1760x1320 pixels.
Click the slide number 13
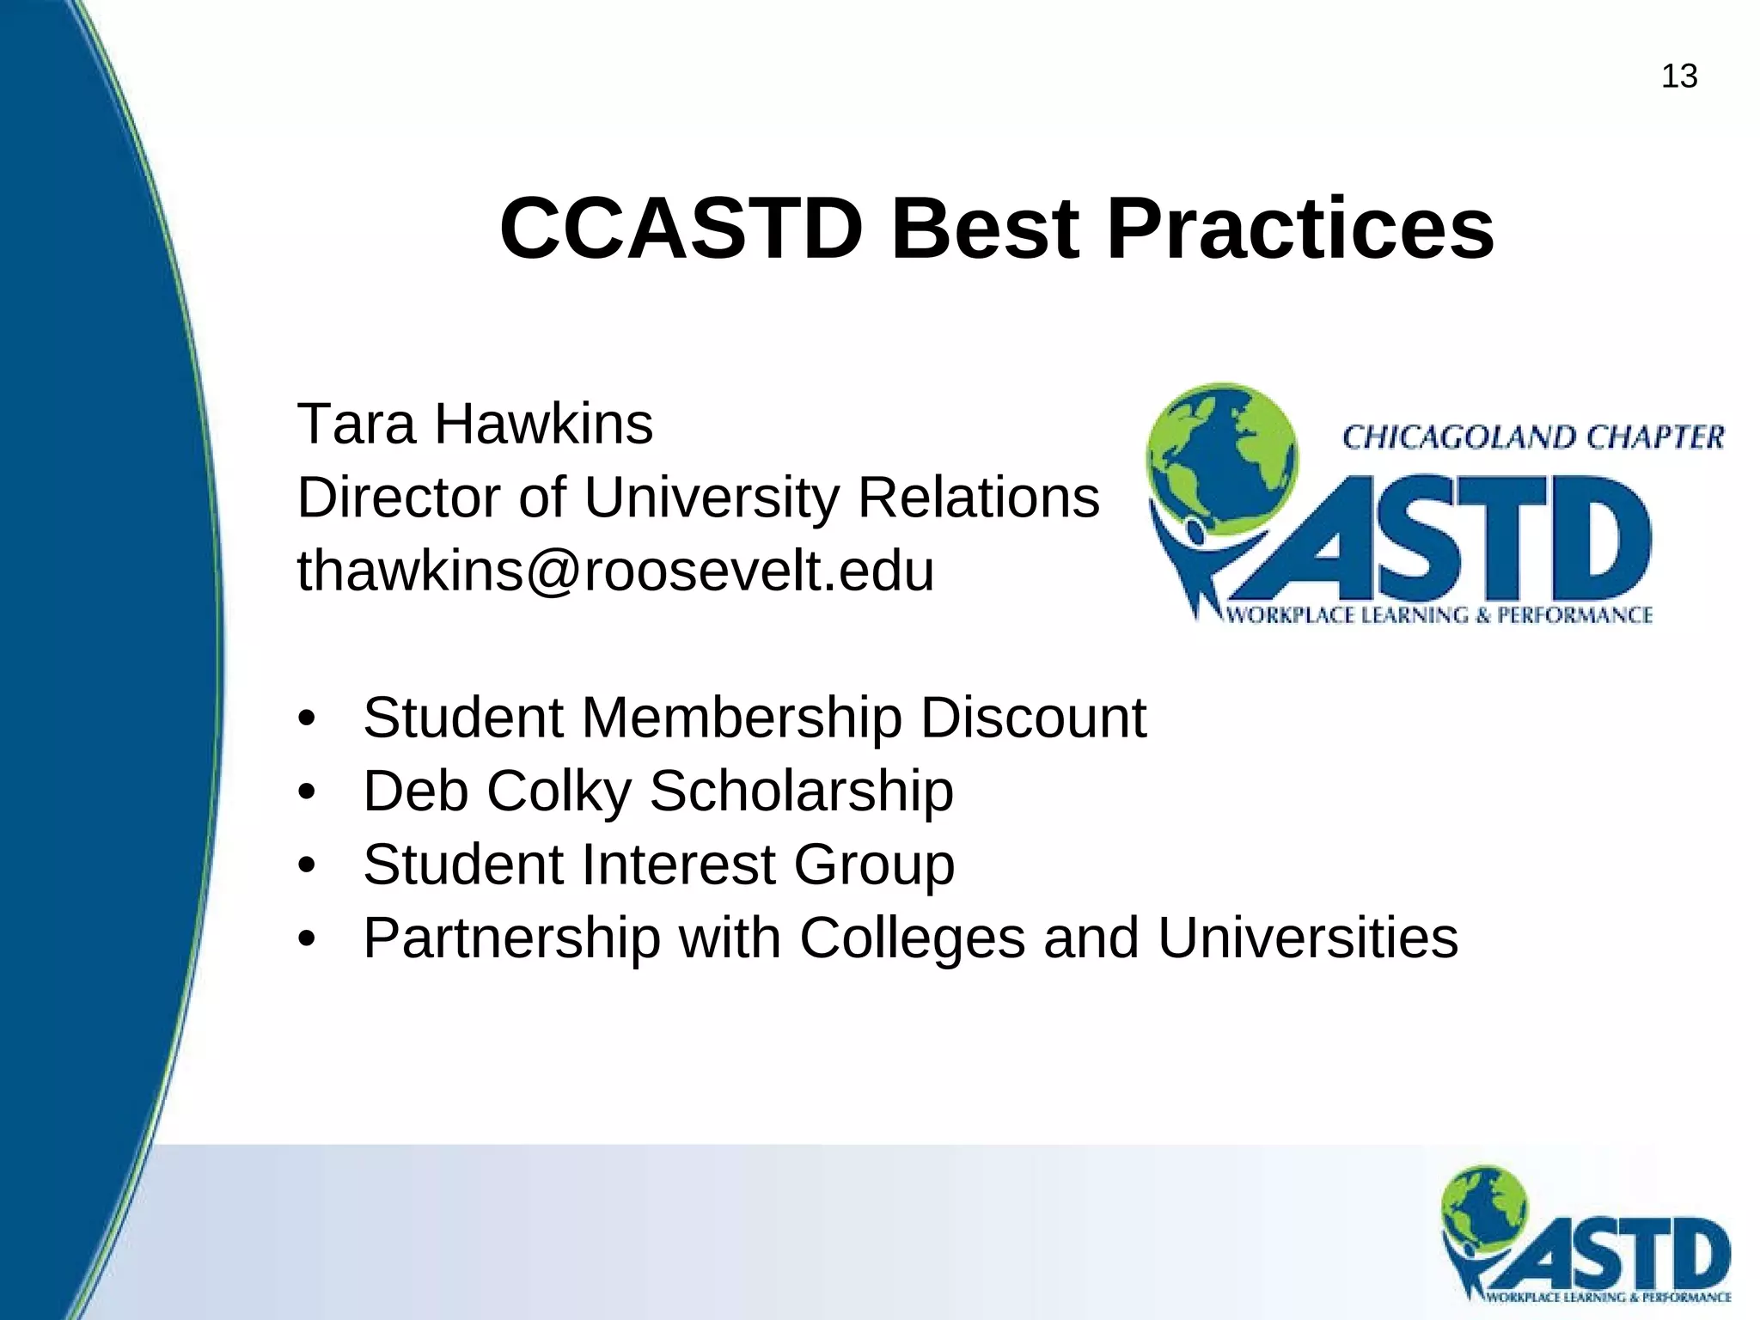(x=1678, y=76)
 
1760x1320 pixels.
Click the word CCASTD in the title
(x=681, y=229)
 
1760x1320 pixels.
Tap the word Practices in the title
(x=1300, y=229)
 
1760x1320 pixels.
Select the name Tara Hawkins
(x=474, y=424)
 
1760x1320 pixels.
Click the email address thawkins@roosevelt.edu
(x=615, y=571)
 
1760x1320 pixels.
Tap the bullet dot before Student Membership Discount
(x=307, y=718)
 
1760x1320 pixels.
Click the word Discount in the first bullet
(x=1033, y=718)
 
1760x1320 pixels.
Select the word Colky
(x=559, y=791)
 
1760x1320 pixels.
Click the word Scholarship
(x=801, y=791)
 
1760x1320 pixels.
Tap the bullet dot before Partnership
(x=307, y=938)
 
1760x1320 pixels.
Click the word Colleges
(x=912, y=938)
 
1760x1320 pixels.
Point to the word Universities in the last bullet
(x=1307, y=938)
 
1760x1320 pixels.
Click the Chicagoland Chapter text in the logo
(x=1532, y=437)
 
